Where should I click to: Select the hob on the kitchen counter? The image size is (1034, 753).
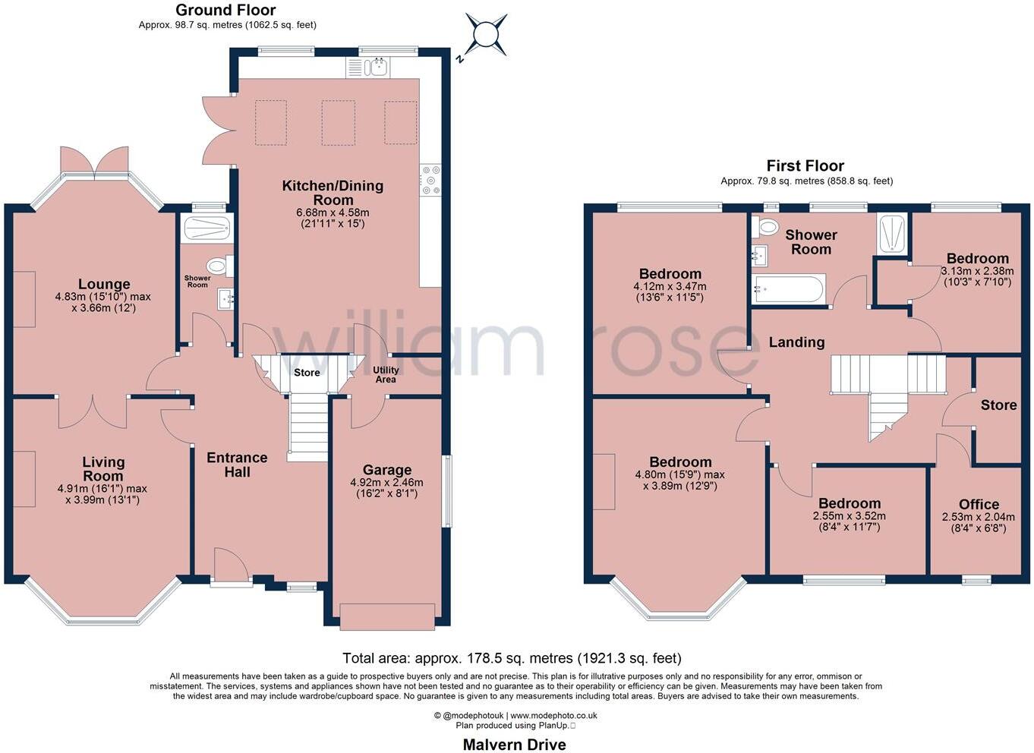430,180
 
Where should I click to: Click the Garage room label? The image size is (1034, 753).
386,470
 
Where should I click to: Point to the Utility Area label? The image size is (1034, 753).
386,374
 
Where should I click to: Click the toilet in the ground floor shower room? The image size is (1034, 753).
219,266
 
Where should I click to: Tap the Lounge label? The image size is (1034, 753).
104,284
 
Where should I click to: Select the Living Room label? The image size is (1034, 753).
103,468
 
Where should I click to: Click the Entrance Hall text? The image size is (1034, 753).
237,465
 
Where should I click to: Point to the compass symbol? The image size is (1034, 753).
484,34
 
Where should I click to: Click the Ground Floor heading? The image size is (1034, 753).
225,10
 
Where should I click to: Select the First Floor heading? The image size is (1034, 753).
805,165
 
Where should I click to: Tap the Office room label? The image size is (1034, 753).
979,504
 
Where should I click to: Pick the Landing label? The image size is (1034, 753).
796,342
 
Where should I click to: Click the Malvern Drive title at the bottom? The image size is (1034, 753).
514,744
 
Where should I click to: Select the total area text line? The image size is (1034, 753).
512,658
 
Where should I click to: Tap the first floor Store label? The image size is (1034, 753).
998,405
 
